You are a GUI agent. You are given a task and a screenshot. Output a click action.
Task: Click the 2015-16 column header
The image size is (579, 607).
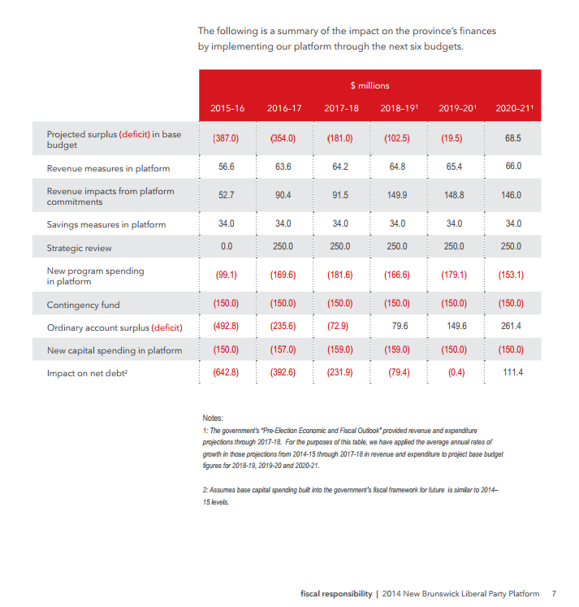coord(227,108)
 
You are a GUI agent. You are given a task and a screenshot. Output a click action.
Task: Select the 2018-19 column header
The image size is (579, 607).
coord(398,108)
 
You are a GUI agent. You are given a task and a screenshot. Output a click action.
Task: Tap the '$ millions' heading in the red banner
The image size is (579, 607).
coord(369,85)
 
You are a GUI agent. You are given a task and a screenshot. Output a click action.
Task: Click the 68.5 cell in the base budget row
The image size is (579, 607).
coord(512,138)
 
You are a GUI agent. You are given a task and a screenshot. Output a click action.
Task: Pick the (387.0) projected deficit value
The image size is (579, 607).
coord(226,138)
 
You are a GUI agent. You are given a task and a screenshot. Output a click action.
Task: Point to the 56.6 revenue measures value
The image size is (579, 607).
coord(227,167)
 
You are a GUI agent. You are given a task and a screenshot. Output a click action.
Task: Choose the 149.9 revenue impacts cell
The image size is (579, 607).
coord(397,196)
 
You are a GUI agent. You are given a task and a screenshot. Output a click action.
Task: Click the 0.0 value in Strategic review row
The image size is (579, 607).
coord(227,246)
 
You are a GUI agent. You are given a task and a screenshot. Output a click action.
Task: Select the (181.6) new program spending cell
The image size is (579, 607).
coord(339,275)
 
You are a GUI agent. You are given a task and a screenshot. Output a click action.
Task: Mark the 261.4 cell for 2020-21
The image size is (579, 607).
coord(512,327)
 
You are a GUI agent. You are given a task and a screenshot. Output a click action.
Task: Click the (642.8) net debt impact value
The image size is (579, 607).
coord(226,372)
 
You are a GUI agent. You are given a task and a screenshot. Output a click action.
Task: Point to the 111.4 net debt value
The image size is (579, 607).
coord(512,372)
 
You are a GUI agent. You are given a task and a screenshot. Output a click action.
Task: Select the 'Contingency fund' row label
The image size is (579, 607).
coord(83,305)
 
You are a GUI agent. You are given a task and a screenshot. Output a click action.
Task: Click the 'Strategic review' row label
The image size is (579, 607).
coord(80,248)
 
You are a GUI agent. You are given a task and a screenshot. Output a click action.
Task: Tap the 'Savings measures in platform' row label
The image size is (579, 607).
coord(106,224)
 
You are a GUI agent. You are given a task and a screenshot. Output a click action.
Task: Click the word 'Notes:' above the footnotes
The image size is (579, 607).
coord(213,418)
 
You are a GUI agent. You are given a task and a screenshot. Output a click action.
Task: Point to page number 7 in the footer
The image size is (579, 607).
coord(553,593)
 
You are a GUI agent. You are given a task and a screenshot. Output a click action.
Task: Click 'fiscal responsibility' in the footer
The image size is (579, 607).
coord(336,593)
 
